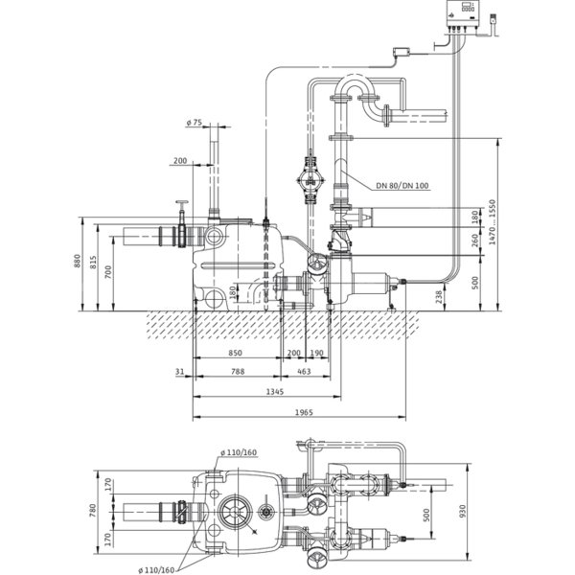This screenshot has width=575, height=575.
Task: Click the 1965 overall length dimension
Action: click(x=304, y=412)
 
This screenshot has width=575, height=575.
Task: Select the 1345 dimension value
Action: click(x=275, y=392)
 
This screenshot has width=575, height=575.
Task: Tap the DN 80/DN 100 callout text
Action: click(x=402, y=186)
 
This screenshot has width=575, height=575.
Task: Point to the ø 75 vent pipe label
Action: click(x=194, y=123)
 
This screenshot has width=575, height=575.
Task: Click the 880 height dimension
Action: click(x=77, y=261)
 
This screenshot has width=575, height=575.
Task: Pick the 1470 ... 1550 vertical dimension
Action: click(x=492, y=222)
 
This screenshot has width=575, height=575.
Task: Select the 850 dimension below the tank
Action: click(x=235, y=353)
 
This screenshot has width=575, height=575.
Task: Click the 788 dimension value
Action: click(x=238, y=372)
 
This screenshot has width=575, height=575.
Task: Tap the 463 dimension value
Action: click(x=304, y=372)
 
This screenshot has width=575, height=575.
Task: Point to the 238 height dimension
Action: click(x=439, y=295)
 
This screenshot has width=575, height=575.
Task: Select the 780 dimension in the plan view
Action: click(x=92, y=511)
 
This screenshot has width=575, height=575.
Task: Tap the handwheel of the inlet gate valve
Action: click(x=181, y=202)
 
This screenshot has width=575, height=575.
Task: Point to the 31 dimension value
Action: click(x=179, y=372)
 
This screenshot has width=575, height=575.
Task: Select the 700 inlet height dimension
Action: click(x=108, y=272)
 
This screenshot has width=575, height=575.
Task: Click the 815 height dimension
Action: click(x=93, y=263)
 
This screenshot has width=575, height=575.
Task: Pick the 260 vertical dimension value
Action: click(x=475, y=241)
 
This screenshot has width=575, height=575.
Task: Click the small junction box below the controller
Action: click(x=401, y=52)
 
